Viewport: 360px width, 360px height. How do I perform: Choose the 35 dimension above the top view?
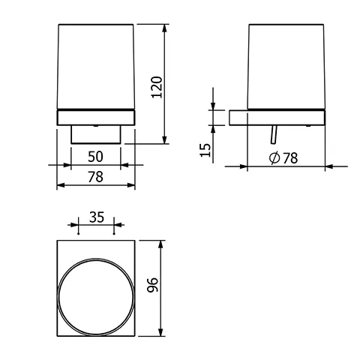[x=95, y=217]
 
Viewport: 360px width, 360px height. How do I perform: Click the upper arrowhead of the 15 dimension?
[x=214, y=106]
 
